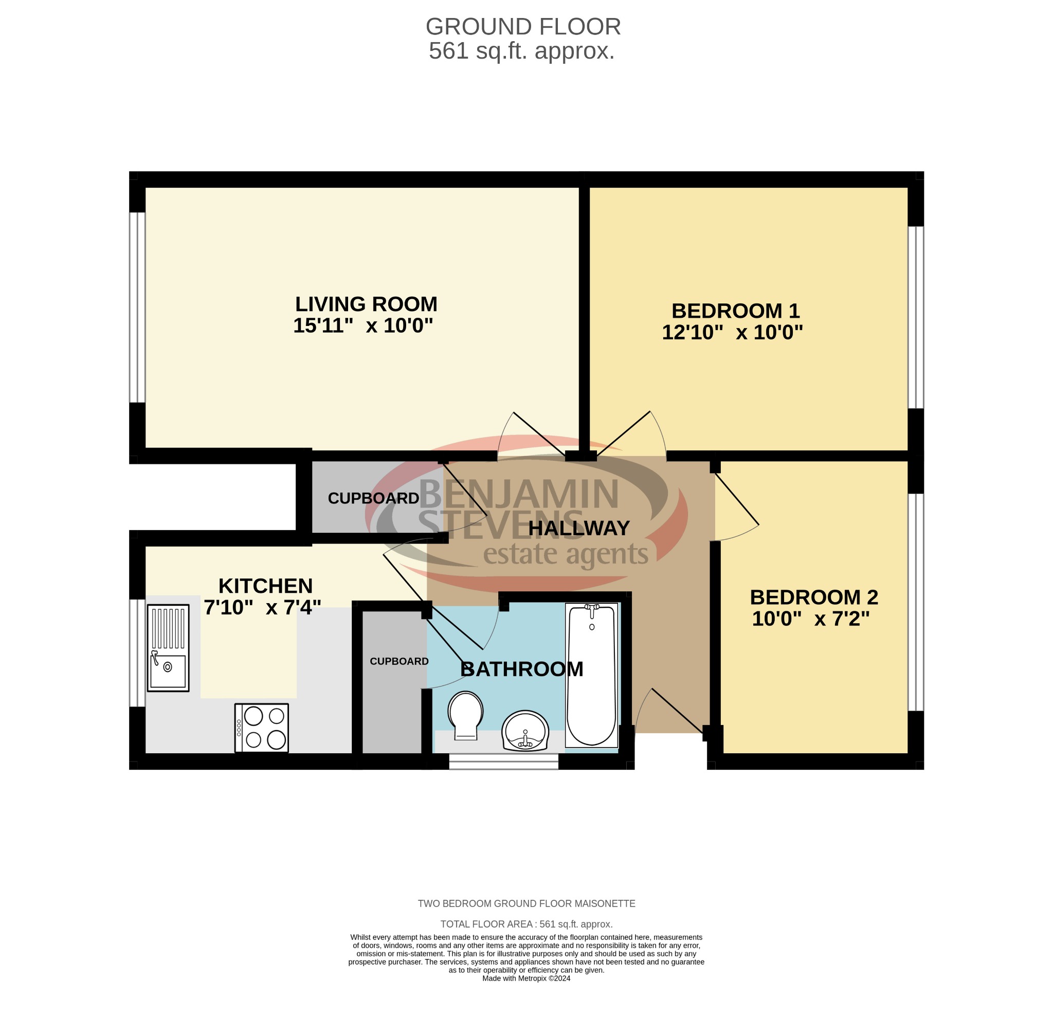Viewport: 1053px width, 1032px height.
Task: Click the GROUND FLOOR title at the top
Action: pyautogui.click(x=522, y=27)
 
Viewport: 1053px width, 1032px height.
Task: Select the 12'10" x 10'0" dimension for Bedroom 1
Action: pyautogui.click(x=732, y=332)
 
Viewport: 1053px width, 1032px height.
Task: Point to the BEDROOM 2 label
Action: pyautogui.click(x=813, y=598)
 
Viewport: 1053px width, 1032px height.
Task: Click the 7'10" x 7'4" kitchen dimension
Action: pyautogui.click(x=262, y=608)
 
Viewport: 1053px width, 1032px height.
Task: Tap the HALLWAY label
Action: pyautogui.click(x=578, y=528)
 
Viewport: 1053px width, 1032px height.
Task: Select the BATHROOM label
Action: pyautogui.click(x=521, y=669)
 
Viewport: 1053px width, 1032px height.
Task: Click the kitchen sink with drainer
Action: pyautogui.click(x=168, y=648)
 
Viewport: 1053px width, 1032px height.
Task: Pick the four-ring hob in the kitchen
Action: pyautogui.click(x=261, y=728)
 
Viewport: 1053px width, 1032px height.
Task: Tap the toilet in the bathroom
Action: pyautogui.click(x=465, y=715)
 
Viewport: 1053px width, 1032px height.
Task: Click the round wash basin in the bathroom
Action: pyautogui.click(x=524, y=731)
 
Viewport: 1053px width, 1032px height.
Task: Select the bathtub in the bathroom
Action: pyautogui.click(x=591, y=675)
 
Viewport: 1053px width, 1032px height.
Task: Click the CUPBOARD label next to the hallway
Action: pyautogui.click(x=373, y=498)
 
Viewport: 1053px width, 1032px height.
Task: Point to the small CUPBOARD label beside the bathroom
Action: pyautogui.click(x=399, y=661)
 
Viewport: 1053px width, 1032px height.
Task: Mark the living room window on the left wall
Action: pyautogui.click(x=137, y=307)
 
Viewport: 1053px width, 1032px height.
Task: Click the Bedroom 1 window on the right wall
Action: pyautogui.click(x=915, y=317)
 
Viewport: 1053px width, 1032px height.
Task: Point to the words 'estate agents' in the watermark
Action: pyautogui.click(x=565, y=554)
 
